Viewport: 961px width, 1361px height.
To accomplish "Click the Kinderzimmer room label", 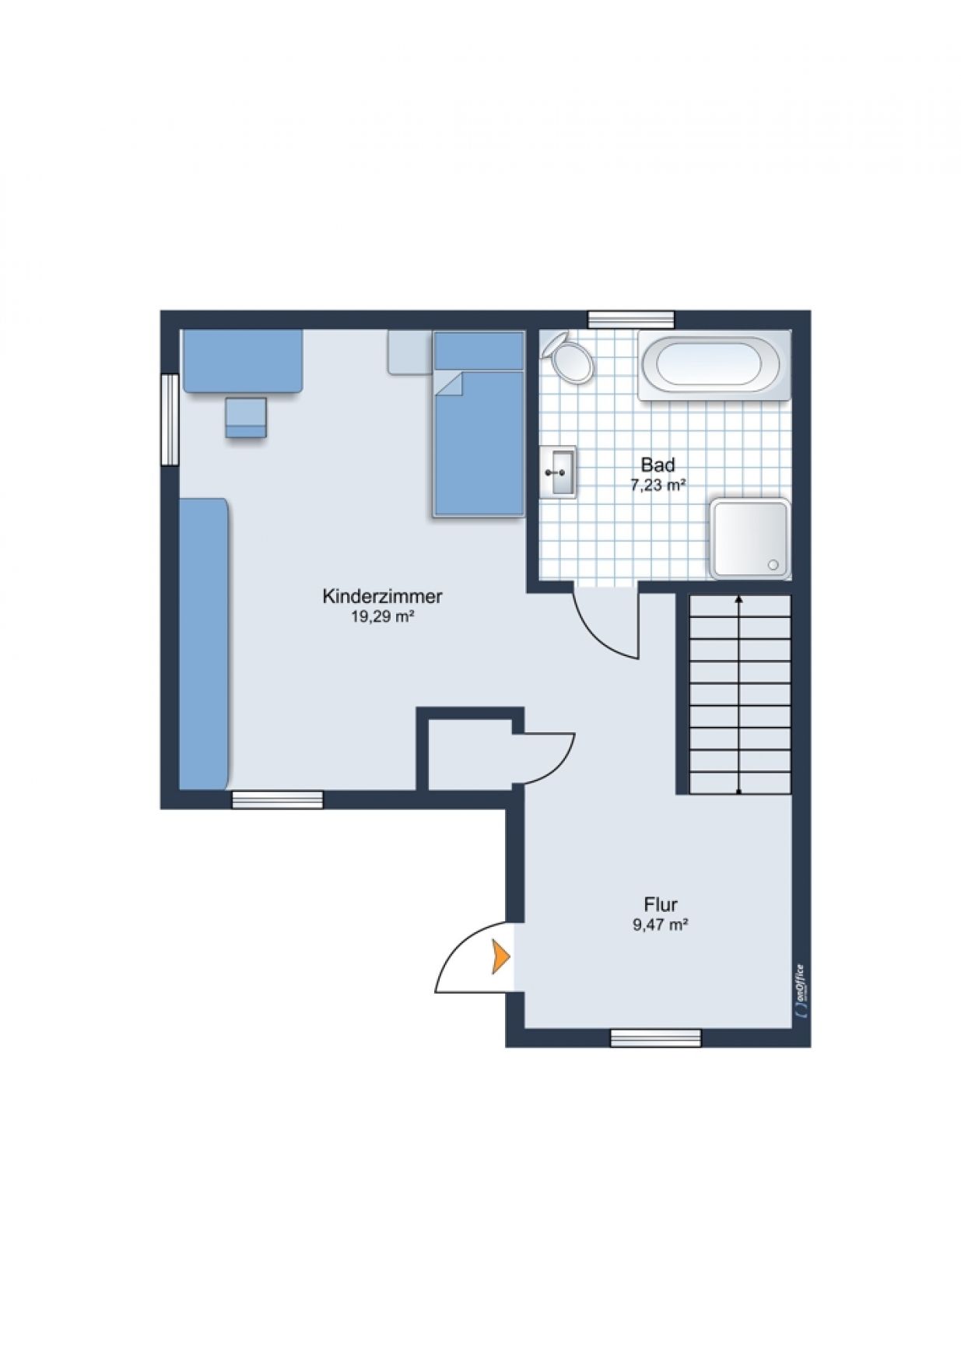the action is pyautogui.click(x=382, y=597).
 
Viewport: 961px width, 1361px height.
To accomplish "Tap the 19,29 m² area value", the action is pyautogui.click(x=382, y=617).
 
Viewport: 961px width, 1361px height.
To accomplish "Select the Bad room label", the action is pyautogui.click(x=658, y=465).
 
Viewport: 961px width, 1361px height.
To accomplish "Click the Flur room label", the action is pyautogui.click(x=661, y=904).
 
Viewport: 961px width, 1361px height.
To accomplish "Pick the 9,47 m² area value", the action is pyautogui.click(x=661, y=924).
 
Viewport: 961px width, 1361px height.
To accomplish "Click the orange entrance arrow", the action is pyautogui.click(x=500, y=956).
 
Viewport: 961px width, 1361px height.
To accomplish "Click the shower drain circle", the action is pyautogui.click(x=773, y=564).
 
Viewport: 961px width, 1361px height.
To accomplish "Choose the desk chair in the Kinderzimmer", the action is pyautogui.click(x=246, y=417).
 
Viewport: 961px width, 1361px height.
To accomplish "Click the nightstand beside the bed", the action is pyautogui.click(x=409, y=352).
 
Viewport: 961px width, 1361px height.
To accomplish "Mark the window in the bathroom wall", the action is pyautogui.click(x=631, y=319).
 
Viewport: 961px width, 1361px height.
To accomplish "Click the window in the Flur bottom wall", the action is pyautogui.click(x=655, y=1037).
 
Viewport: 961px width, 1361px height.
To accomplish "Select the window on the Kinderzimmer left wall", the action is pyautogui.click(x=169, y=420).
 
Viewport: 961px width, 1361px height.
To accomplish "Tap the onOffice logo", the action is pyautogui.click(x=801, y=991).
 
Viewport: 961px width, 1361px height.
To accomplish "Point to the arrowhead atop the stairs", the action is pyautogui.click(x=738, y=599).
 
